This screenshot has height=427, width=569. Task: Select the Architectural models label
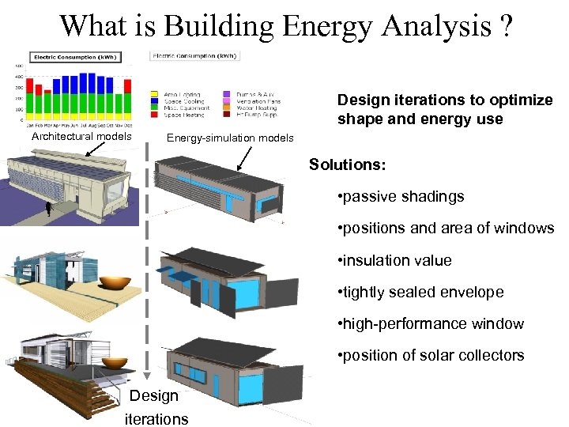click(81, 136)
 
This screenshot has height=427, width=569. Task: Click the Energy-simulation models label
click(229, 138)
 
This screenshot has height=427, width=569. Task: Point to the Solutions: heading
click(348, 164)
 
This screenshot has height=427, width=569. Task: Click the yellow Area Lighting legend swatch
click(153, 95)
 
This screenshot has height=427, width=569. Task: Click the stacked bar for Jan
click(29, 100)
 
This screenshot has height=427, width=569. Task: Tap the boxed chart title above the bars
click(65, 57)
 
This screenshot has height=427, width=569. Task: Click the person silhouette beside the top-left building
click(49, 209)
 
